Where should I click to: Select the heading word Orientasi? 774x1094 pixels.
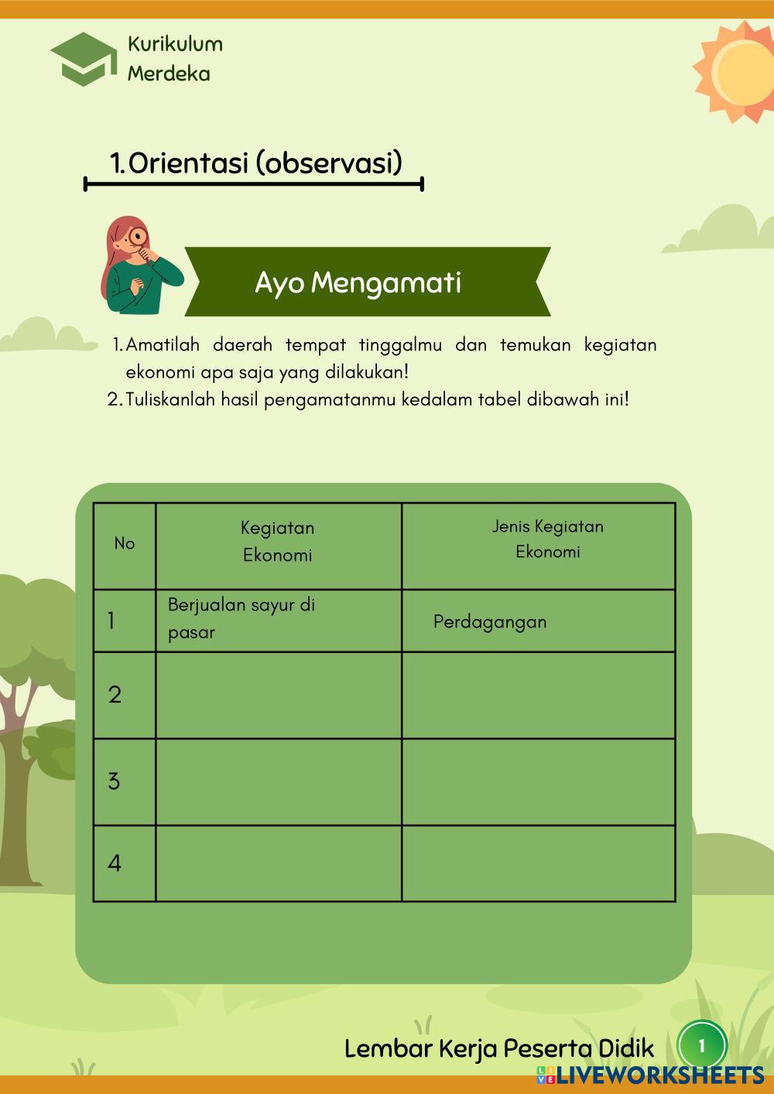coord(186,163)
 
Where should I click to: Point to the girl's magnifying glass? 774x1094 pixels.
coord(139,236)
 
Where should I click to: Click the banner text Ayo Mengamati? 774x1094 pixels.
coord(358,283)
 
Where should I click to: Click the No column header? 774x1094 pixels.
coord(124,543)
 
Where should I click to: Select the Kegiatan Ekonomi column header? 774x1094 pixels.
coord(278,542)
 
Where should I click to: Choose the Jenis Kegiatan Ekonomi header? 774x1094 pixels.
coord(547,539)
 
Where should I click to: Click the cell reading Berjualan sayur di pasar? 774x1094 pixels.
coord(241,618)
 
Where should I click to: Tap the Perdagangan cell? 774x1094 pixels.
coord(490,622)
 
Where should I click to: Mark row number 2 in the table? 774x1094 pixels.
coord(115,695)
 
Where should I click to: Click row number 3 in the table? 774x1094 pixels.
coord(114,781)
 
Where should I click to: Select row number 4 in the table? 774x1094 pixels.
coord(115,863)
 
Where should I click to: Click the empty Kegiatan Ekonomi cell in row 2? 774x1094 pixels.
coord(279,695)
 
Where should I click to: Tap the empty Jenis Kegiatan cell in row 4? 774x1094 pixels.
coord(539,863)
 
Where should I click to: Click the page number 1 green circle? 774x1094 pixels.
coord(702,1046)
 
